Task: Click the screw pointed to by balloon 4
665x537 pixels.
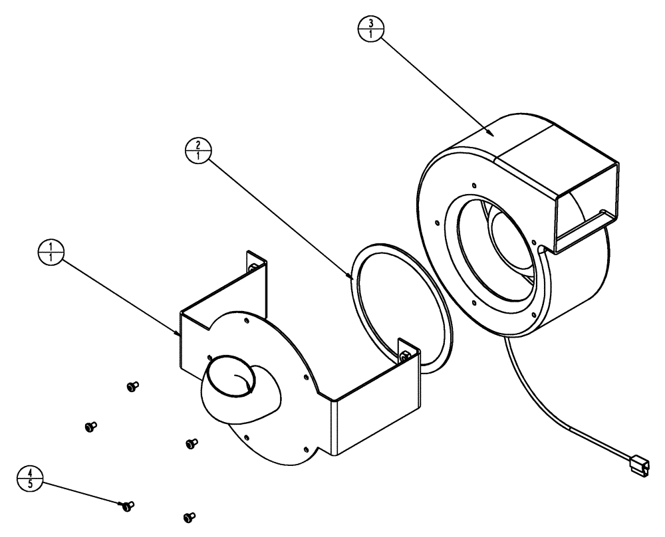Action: point(128,506)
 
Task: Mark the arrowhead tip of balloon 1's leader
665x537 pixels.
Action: point(178,336)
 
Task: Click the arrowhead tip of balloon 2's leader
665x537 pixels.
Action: point(348,275)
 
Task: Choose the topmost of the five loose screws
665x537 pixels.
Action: point(132,385)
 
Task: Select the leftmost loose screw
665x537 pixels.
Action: point(90,426)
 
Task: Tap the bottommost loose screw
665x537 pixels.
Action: point(189,516)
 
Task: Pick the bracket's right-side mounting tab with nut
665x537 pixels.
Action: point(406,352)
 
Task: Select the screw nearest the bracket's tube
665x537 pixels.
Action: point(191,441)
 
